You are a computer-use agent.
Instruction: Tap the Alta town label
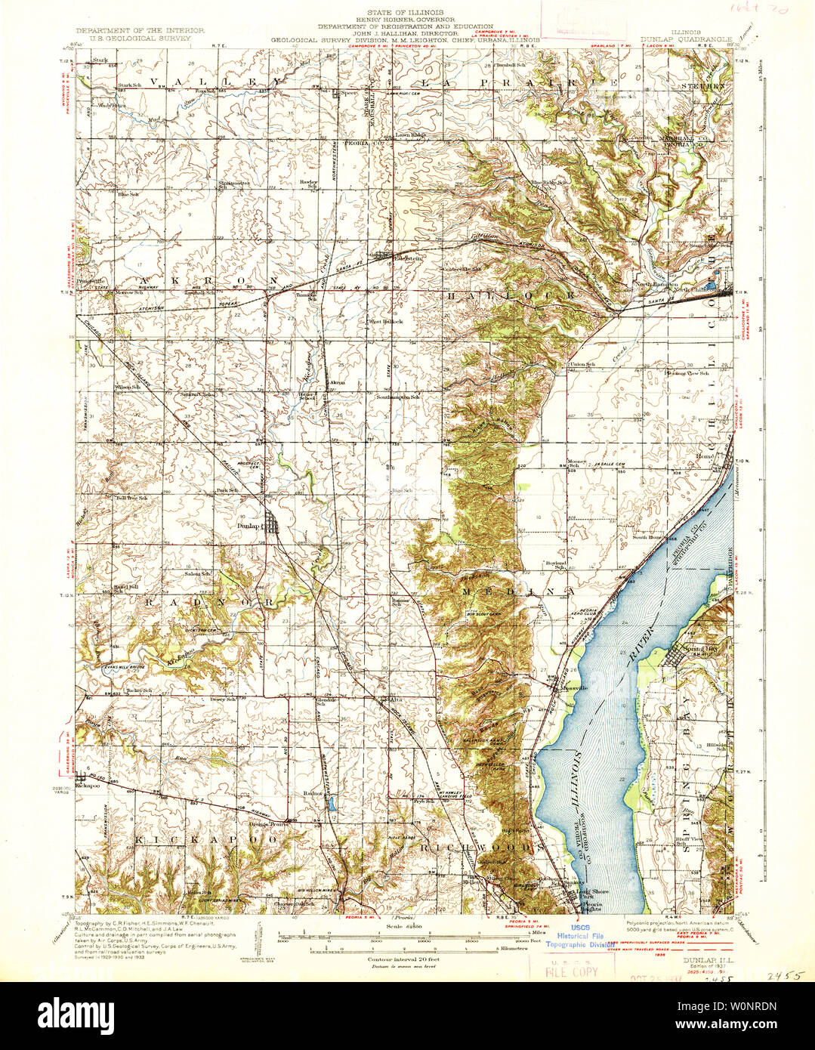pyautogui.click(x=394, y=700)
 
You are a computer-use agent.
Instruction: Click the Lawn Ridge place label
pyautogui.click(x=412, y=135)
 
